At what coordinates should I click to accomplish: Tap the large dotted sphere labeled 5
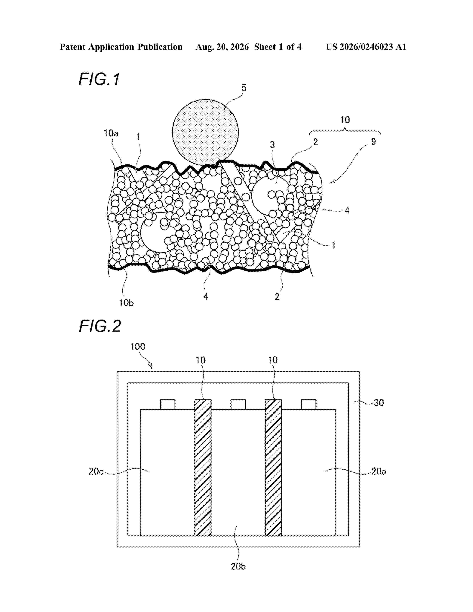click(x=205, y=132)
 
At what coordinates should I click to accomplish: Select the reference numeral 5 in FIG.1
click(x=244, y=88)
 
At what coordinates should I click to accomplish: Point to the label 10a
click(x=111, y=133)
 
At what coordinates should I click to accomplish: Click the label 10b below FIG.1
click(x=126, y=303)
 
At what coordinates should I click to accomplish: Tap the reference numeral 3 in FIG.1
click(x=272, y=145)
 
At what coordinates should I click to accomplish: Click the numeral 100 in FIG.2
click(x=138, y=347)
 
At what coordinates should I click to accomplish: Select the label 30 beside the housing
click(x=379, y=403)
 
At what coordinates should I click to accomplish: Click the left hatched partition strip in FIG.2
click(x=203, y=467)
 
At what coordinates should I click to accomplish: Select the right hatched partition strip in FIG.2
click(x=273, y=467)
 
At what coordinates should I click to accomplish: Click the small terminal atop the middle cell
click(x=238, y=404)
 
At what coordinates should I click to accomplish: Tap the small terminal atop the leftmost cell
click(x=167, y=404)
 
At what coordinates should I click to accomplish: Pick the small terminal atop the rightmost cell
click(x=308, y=404)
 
